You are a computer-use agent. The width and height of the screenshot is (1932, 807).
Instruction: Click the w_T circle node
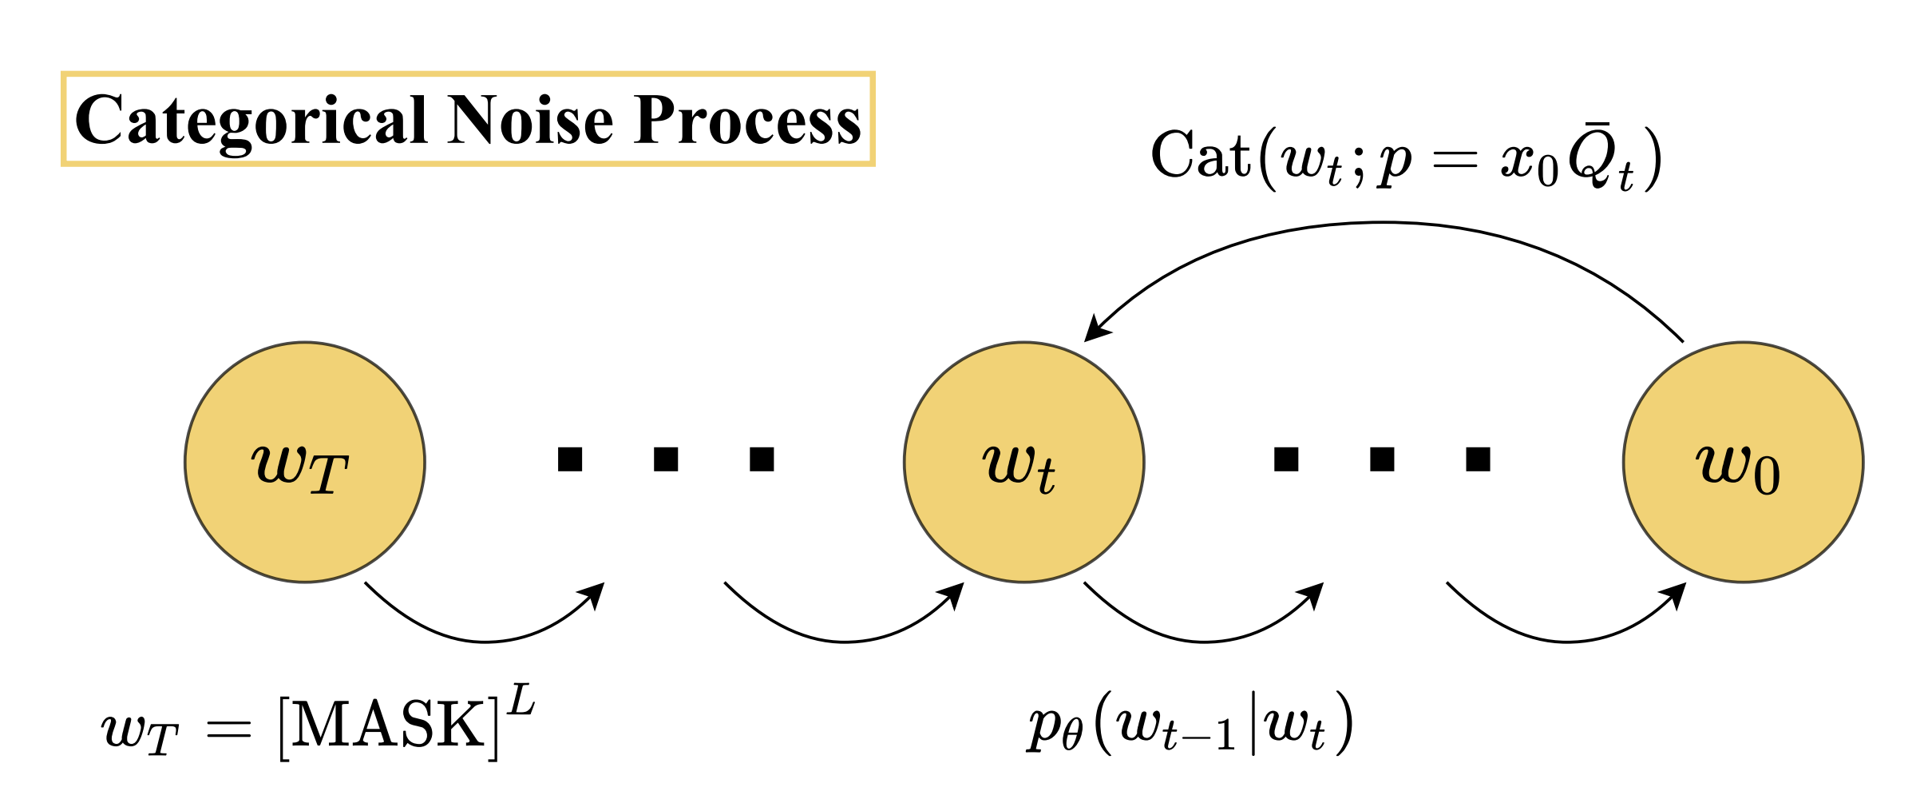click(x=304, y=462)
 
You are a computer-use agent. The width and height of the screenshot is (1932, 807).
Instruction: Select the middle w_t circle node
click(x=1023, y=462)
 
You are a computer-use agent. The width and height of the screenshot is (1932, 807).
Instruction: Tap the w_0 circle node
click(x=1743, y=462)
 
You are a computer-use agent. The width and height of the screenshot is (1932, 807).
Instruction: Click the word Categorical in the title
click(x=251, y=121)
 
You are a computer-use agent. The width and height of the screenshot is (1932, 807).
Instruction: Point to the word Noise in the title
click(x=530, y=121)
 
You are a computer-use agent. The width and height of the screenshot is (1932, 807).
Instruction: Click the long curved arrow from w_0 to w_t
click(x=1385, y=224)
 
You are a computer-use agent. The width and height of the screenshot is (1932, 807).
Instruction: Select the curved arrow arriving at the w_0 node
click(x=1566, y=640)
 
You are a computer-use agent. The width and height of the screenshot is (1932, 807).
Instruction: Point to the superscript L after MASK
click(x=521, y=700)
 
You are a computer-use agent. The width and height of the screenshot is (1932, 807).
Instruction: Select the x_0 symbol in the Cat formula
click(x=1530, y=164)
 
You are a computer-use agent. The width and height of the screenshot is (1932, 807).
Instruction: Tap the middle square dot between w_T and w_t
click(x=666, y=459)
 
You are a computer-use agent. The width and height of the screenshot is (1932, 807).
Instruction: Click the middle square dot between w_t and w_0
click(x=1382, y=459)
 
